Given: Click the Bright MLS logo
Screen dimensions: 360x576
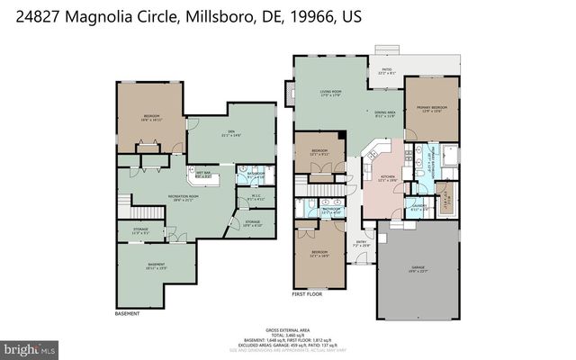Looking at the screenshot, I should (x=30, y=346).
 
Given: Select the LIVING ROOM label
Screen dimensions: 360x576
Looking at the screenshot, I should (x=332, y=92).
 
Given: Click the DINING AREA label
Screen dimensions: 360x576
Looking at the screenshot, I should (x=385, y=112).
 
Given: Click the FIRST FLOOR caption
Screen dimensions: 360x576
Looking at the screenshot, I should (x=307, y=294).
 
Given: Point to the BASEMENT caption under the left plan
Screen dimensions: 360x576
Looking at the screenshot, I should (x=127, y=314).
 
